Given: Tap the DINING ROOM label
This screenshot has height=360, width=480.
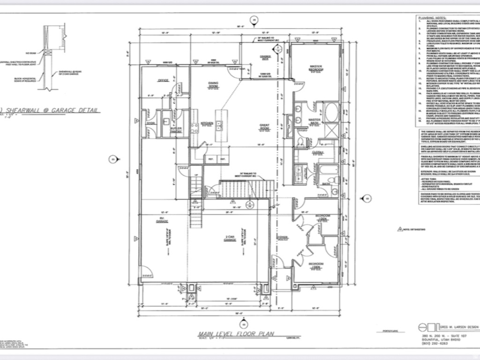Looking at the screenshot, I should coord(214,85).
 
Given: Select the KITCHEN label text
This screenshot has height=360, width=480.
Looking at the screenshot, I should coord(207,124).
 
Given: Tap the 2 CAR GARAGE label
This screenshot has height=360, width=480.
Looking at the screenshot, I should coord(229,239).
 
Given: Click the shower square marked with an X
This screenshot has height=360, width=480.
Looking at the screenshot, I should coord(331,130).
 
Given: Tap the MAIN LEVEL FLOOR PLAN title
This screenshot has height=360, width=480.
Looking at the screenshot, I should coord(234,334).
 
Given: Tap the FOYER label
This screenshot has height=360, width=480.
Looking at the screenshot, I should coord(283,236).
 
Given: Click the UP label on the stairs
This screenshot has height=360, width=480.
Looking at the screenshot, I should coord(196,174).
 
